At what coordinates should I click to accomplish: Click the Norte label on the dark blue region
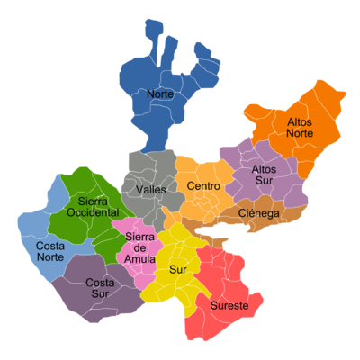[x=159, y=94]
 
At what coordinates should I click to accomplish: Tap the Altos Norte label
[x=300, y=127]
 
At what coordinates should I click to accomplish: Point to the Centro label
[x=203, y=186]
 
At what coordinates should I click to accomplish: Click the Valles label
[x=151, y=190]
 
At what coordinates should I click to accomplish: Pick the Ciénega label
[x=260, y=213]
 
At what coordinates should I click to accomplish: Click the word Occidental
[x=93, y=212]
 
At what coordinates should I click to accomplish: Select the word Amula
[x=141, y=259]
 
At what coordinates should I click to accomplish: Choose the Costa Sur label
[x=99, y=288]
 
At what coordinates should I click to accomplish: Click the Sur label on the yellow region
[x=177, y=269]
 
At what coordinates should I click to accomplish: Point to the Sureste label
[x=230, y=305]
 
